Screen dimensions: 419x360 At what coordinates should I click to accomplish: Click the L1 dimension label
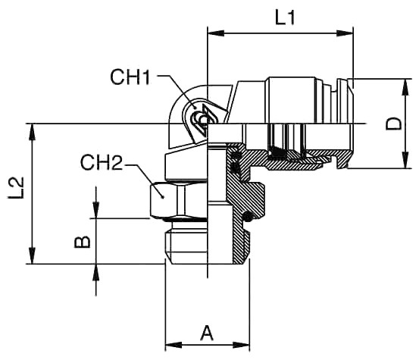point(285,18)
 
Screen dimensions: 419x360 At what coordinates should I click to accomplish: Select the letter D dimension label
point(393,124)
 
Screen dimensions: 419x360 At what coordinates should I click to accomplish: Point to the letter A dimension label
point(207,333)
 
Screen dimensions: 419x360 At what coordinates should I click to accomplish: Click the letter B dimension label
point(82,242)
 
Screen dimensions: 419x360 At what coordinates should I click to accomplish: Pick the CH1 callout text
point(130,77)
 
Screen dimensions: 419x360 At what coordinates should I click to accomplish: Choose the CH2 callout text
point(102,162)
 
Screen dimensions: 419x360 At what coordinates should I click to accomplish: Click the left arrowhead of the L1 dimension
point(216,33)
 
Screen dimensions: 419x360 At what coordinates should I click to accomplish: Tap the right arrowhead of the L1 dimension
point(345,33)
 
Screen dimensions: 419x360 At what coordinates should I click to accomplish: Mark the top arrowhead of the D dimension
point(405,87)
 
